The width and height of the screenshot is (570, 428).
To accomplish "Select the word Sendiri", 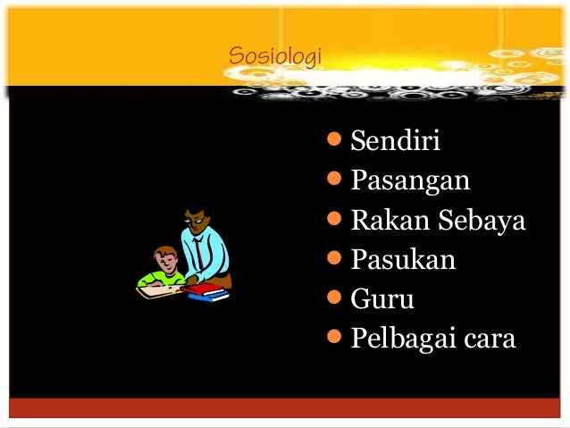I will coord(396,141).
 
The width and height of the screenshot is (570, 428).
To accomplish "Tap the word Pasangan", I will coord(410,181).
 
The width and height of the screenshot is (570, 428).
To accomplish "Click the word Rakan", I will coord(383,221).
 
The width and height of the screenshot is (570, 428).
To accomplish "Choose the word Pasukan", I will coord(403,260).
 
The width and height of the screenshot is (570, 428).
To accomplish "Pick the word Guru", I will coord(382,299).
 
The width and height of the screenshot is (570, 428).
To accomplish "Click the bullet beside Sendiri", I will coord(335,140).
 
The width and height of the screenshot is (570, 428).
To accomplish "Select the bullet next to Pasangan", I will coord(335,180).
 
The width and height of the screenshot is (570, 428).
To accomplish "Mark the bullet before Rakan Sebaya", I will coord(335,220).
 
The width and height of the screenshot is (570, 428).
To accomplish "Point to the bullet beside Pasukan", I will coord(335,259).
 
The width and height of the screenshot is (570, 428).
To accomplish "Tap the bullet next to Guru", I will coord(335,298).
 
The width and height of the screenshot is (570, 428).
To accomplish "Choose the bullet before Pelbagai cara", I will coord(335,338).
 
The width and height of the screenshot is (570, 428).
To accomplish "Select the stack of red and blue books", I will coord(205,292).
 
